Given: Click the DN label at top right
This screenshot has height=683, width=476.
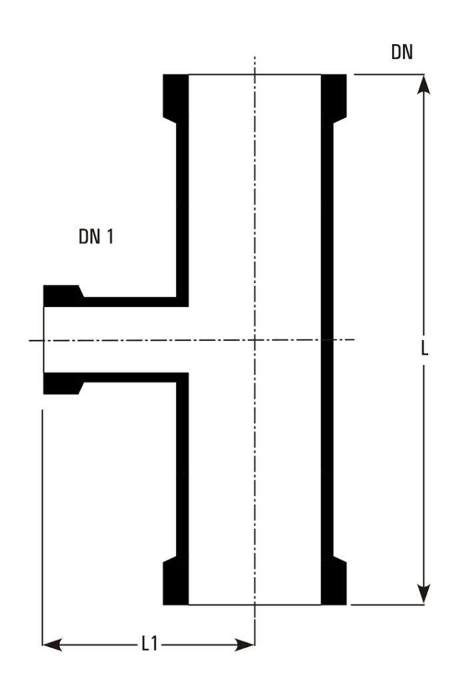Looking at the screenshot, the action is click(401, 52).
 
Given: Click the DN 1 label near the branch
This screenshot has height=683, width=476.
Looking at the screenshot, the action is click(96, 237).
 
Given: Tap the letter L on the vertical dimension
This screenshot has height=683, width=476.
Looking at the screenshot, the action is click(425, 348).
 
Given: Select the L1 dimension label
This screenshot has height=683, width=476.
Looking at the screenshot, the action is click(149, 644).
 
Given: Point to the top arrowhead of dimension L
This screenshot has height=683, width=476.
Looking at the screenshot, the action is click(424, 85).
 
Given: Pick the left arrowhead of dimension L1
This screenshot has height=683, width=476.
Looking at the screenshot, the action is click(52, 644).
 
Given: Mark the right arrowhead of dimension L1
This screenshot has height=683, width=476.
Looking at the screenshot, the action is click(245, 644).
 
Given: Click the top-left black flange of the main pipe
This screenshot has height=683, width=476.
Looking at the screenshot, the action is click(176, 97).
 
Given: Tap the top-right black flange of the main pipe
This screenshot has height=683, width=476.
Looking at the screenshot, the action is click(333, 97).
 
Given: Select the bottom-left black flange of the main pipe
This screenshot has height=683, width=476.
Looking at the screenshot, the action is click(176, 581).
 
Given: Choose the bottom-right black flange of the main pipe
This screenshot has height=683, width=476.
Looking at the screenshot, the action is click(333, 581).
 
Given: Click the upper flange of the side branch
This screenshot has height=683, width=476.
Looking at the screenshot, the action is click(63, 296).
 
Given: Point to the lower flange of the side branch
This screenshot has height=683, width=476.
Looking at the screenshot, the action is click(63, 384).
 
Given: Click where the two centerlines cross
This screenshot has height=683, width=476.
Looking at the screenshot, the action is click(255, 339).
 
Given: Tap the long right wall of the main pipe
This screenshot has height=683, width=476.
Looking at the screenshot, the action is click(327, 339).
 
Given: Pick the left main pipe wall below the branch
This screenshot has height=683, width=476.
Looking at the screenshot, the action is click(183, 469).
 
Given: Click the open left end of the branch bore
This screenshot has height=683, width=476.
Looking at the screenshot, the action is click(44, 339).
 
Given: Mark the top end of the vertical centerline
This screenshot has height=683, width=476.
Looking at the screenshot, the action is click(255, 57).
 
